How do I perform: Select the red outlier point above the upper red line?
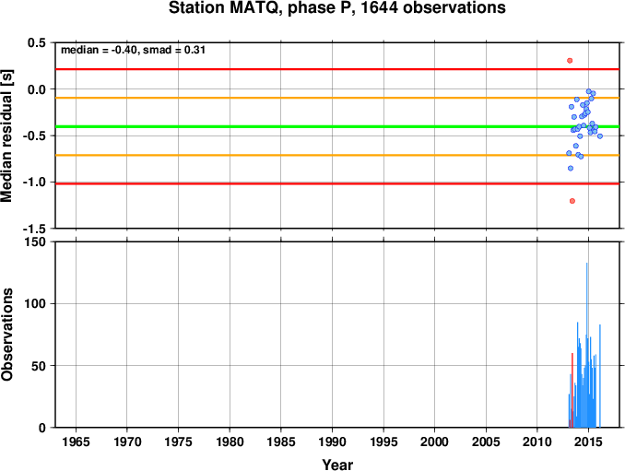pos(570,61)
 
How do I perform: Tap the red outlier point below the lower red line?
pos(572,201)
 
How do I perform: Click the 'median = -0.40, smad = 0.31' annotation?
pos(133,50)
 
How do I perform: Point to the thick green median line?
pos(337,126)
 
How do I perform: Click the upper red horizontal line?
pos(337,69)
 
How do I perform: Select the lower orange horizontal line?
pos(337,155)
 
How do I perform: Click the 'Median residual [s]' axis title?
pos(6,135)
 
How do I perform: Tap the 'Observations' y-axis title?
pos(7,335)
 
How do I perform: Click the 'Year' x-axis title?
pos(337,465)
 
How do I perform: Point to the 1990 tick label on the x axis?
pos(332,442)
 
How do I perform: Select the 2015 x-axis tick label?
pos(588,442)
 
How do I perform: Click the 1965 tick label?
pos(76,442)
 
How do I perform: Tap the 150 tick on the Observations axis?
pos(36,241)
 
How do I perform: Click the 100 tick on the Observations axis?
pos(36,303)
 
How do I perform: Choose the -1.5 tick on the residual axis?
pos(35,229)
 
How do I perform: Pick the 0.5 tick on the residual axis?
pos(37,42)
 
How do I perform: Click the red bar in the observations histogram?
pos(572,390)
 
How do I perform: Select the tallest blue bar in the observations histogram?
pos(586,345)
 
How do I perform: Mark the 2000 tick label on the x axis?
pos(434,442)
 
